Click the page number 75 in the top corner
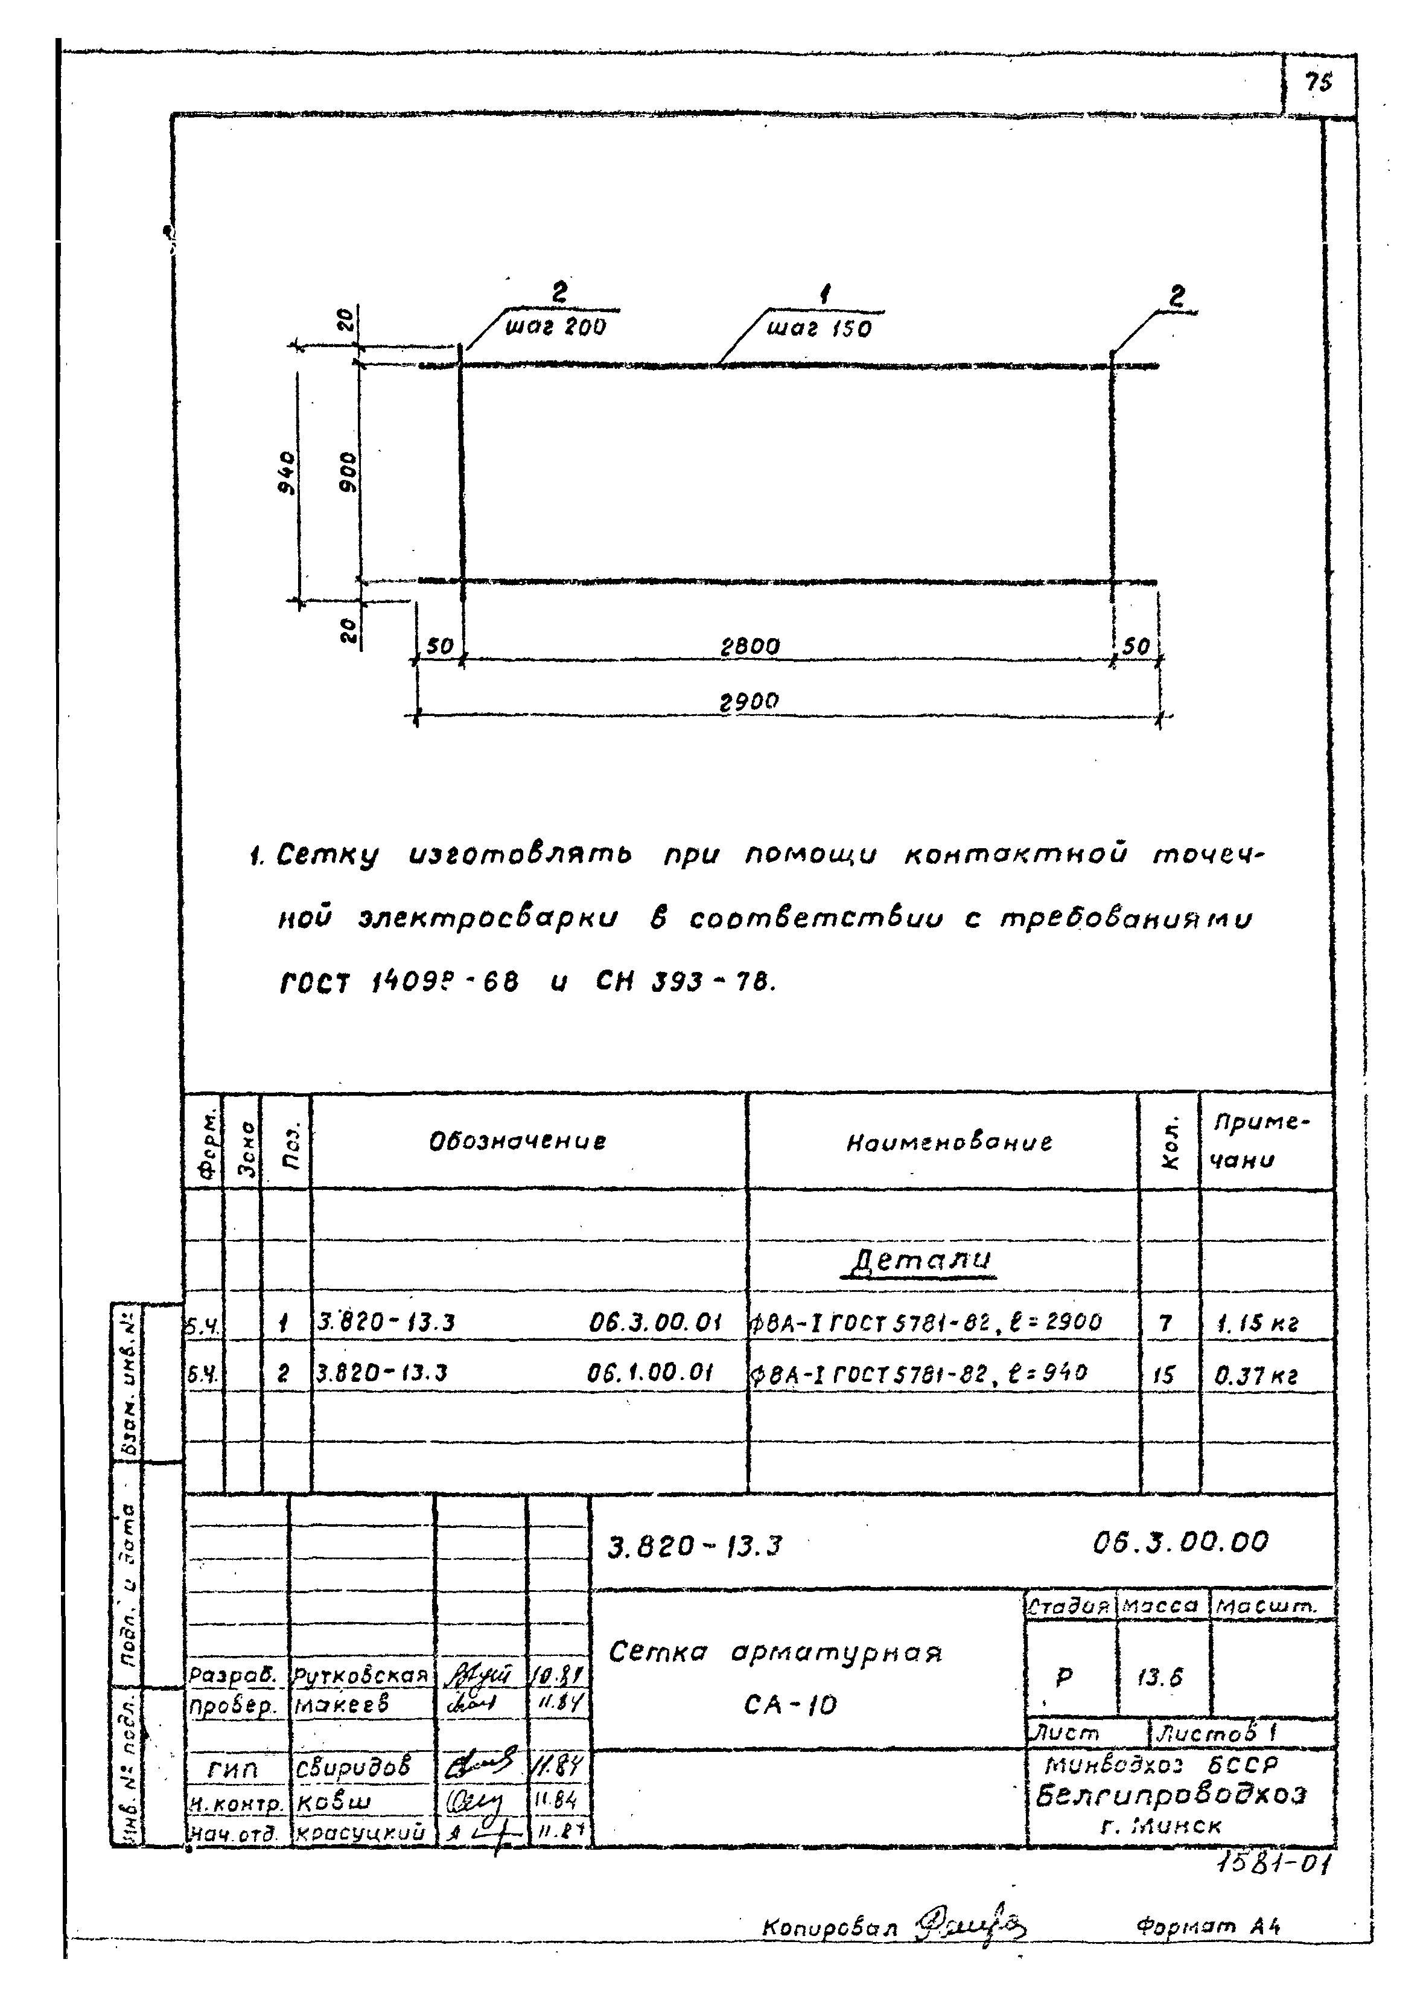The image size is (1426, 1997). click(1318, 83)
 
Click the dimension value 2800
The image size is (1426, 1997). click(749, 647)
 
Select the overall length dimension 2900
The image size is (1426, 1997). click(749, 703)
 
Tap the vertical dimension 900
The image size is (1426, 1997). click(349, 471)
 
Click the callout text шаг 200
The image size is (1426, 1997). click(555, 328)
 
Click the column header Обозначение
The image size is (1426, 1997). click(517, 1142)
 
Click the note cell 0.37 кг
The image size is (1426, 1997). click(1256, 1375)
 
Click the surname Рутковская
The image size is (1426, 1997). click(361, 1676)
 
